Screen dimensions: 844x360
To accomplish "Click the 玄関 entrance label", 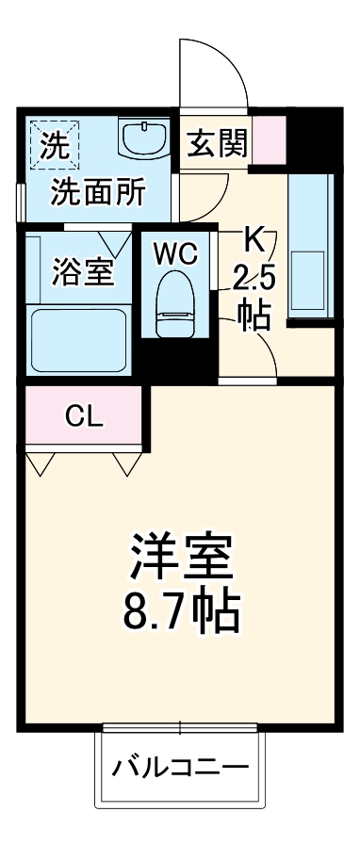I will tap(217, 144).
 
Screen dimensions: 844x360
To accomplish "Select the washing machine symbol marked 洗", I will tap(55, 144).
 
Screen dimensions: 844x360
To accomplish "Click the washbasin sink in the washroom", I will tap(145, 139).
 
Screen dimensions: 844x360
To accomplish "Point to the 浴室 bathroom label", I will tap(81, 271).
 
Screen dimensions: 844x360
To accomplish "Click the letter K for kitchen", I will tap(254, 238).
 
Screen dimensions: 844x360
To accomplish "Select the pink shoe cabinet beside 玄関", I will tap(268, 138).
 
